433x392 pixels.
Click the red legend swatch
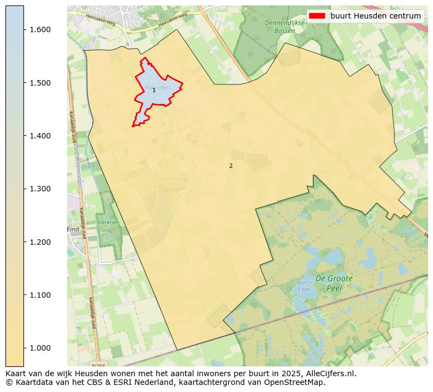click(x=317, y=16)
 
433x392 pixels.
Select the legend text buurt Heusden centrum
click(x=376, y=16)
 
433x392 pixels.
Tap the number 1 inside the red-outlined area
click(x=154, y=90)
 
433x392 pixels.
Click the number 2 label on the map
click(x=231, y=166)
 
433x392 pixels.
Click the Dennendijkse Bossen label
click(x=280, y=27)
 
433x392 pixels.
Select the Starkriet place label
click(x=107, y=222)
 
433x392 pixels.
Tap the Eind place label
click(x=73, y=230)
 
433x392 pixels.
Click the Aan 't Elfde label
click(x=303, y=286)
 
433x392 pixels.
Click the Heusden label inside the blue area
click(x=158, y=87)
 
